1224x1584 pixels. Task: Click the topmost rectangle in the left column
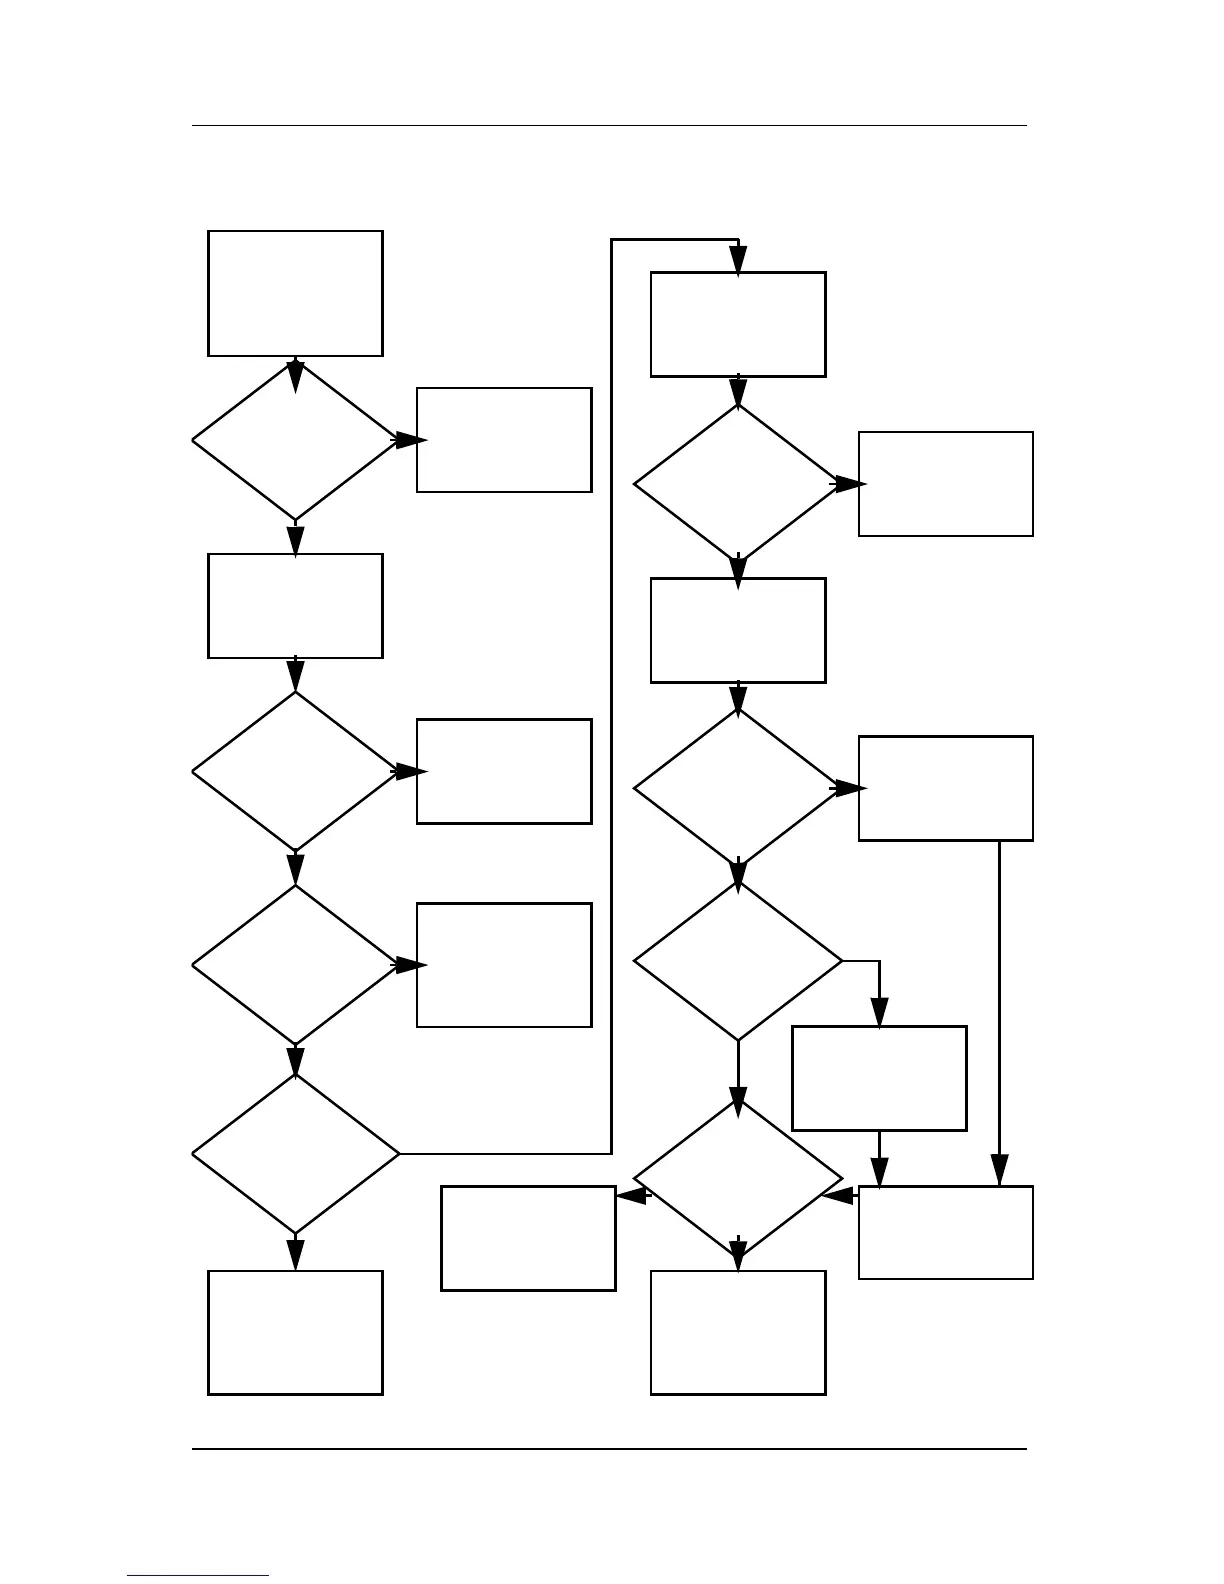pos(295,293)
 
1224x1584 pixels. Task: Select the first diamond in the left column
pos(295,441)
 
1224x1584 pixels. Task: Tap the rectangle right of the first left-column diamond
pos(504,440)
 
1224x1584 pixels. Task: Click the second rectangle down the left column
pos(295,606)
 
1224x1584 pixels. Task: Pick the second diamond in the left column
pos(295,772)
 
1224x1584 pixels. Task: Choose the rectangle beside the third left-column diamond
pos(504,965)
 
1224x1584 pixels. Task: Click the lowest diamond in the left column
pos(295,1154)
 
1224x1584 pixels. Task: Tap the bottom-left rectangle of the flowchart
pos(295,1332)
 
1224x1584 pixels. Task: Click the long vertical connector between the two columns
pos(611,700)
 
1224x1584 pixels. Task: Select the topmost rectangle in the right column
pos(738,324)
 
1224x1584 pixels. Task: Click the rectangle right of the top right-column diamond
pos(946,484)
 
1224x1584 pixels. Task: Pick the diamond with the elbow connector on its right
pos(738,962)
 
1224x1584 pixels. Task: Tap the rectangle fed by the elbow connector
pos(879,1078)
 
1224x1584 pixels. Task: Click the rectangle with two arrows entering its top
pos(946,1232)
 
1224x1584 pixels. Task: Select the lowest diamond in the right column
pos(738,1180)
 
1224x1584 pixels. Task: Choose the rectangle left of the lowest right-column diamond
pos(528,1238)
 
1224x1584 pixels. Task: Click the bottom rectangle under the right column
pos(738,1332)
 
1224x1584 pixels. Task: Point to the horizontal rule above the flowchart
pos(609,126)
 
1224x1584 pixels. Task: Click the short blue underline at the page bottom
pos(198,1575)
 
